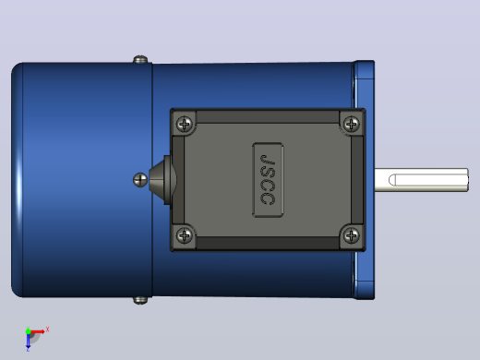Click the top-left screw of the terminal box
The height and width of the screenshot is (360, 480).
185,124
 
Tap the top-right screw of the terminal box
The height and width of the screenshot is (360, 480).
351,124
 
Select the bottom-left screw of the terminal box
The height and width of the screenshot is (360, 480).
185,235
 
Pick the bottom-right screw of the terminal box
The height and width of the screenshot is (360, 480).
351,235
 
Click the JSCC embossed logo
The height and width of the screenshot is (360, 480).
268,180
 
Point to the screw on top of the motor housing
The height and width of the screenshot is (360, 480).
140,59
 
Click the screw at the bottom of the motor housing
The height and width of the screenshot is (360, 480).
140,301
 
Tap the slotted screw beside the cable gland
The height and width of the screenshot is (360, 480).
140,180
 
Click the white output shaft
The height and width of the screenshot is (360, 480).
422,180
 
